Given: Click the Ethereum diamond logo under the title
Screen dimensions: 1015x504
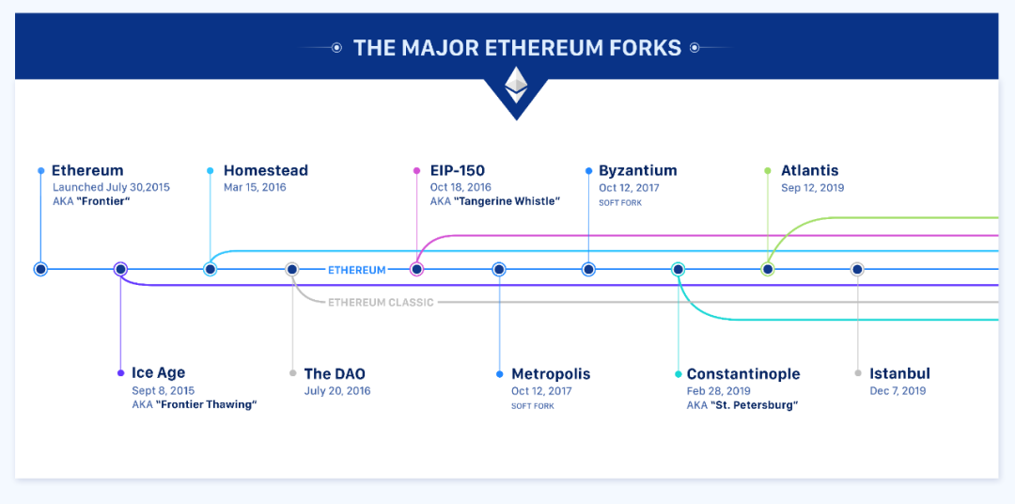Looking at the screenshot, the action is [516, 85].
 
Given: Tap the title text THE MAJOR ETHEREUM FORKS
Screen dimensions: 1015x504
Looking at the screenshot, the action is [517, 48].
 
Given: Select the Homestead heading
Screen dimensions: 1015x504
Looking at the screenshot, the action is [265, 171].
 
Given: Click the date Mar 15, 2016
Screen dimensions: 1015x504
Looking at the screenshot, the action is [255, 188].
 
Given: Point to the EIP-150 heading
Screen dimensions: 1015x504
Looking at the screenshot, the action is [458, 171].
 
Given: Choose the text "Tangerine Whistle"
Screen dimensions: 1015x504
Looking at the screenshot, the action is [507, 201].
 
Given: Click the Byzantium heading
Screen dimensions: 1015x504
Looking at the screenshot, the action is [637, 171].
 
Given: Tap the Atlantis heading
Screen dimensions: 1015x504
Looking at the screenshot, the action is [810, 171].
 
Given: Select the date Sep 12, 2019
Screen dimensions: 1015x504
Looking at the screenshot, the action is [813, 188].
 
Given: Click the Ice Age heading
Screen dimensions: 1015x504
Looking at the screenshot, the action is [158, 373].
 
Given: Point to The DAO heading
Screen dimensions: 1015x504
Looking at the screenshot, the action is [335, 374].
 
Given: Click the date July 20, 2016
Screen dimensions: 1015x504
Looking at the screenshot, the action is [337, 391].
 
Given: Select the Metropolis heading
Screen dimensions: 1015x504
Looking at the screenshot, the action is [551, 374].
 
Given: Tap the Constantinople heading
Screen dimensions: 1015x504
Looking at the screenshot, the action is [743, 374].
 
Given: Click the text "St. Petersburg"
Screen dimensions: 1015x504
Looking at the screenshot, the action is [754, 405].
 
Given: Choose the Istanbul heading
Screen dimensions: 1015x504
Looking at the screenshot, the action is [899, 374].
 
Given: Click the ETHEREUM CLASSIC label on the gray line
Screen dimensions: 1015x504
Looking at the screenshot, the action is [381, 303].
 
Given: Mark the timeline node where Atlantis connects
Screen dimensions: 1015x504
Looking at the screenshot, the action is [767, 269].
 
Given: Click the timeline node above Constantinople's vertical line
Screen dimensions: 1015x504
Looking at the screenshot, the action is [678, 269].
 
